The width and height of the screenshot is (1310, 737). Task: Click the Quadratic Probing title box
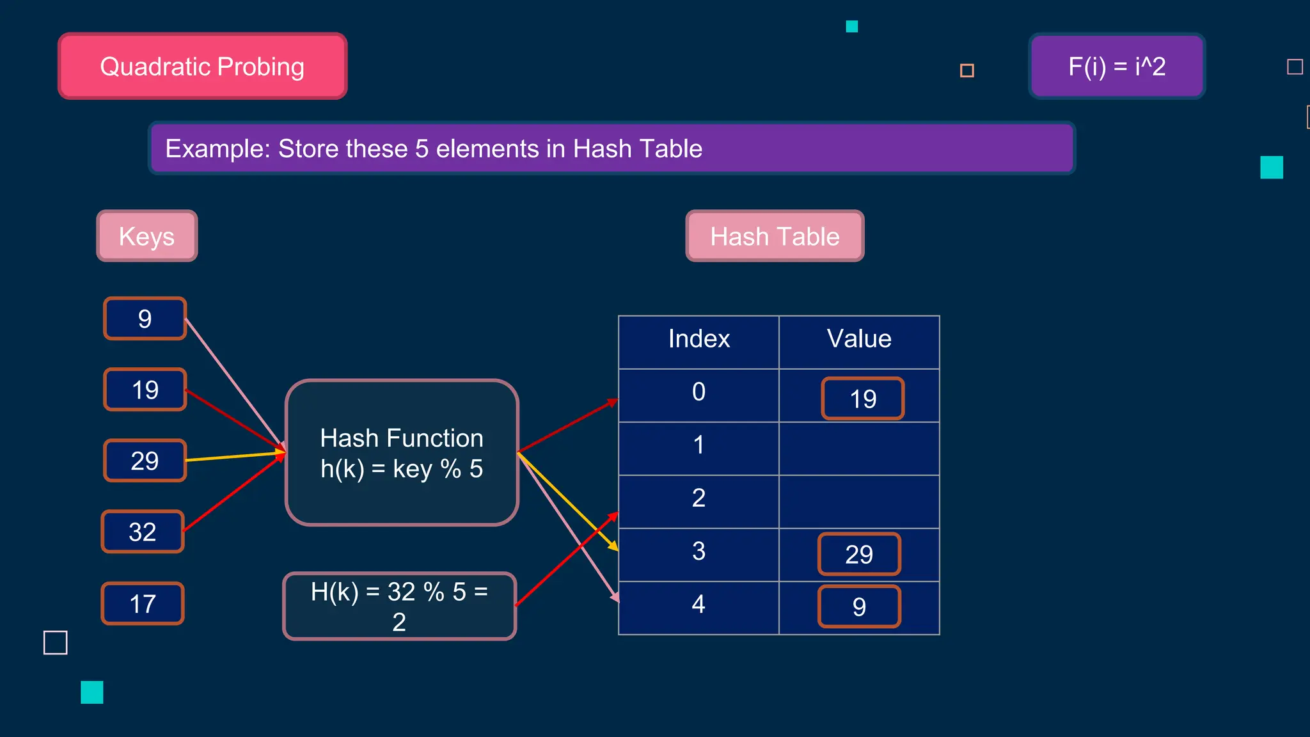coord(202,67)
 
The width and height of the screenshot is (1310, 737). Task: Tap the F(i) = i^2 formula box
coord(1117,67)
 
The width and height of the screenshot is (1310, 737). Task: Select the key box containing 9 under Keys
coord(145,319)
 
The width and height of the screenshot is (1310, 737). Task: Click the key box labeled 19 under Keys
coord(145,390)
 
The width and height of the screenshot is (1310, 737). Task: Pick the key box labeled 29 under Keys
coord(145,461)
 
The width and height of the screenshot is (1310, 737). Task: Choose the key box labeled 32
coord(143,532)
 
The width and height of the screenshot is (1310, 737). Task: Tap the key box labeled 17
coord(143,603)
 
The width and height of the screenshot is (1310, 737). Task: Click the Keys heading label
coord(147,236)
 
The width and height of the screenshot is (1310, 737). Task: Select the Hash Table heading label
coord(775,236)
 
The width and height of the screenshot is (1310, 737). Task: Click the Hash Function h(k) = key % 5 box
coord(402,453)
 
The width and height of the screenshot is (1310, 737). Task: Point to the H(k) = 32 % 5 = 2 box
coord(399,606)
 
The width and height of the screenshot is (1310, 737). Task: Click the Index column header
coord(698,339)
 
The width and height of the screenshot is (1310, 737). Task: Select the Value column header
coord(859,339)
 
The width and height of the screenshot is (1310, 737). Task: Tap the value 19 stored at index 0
coord(863,399)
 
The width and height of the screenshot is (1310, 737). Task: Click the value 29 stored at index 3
coord(859,554)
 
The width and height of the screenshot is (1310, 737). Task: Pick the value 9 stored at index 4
coord(859,606)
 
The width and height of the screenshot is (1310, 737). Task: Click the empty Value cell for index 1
coord(859,448)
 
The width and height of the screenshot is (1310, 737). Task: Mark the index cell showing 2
coord(698,498)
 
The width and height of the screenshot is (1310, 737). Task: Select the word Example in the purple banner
coord(217,149)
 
